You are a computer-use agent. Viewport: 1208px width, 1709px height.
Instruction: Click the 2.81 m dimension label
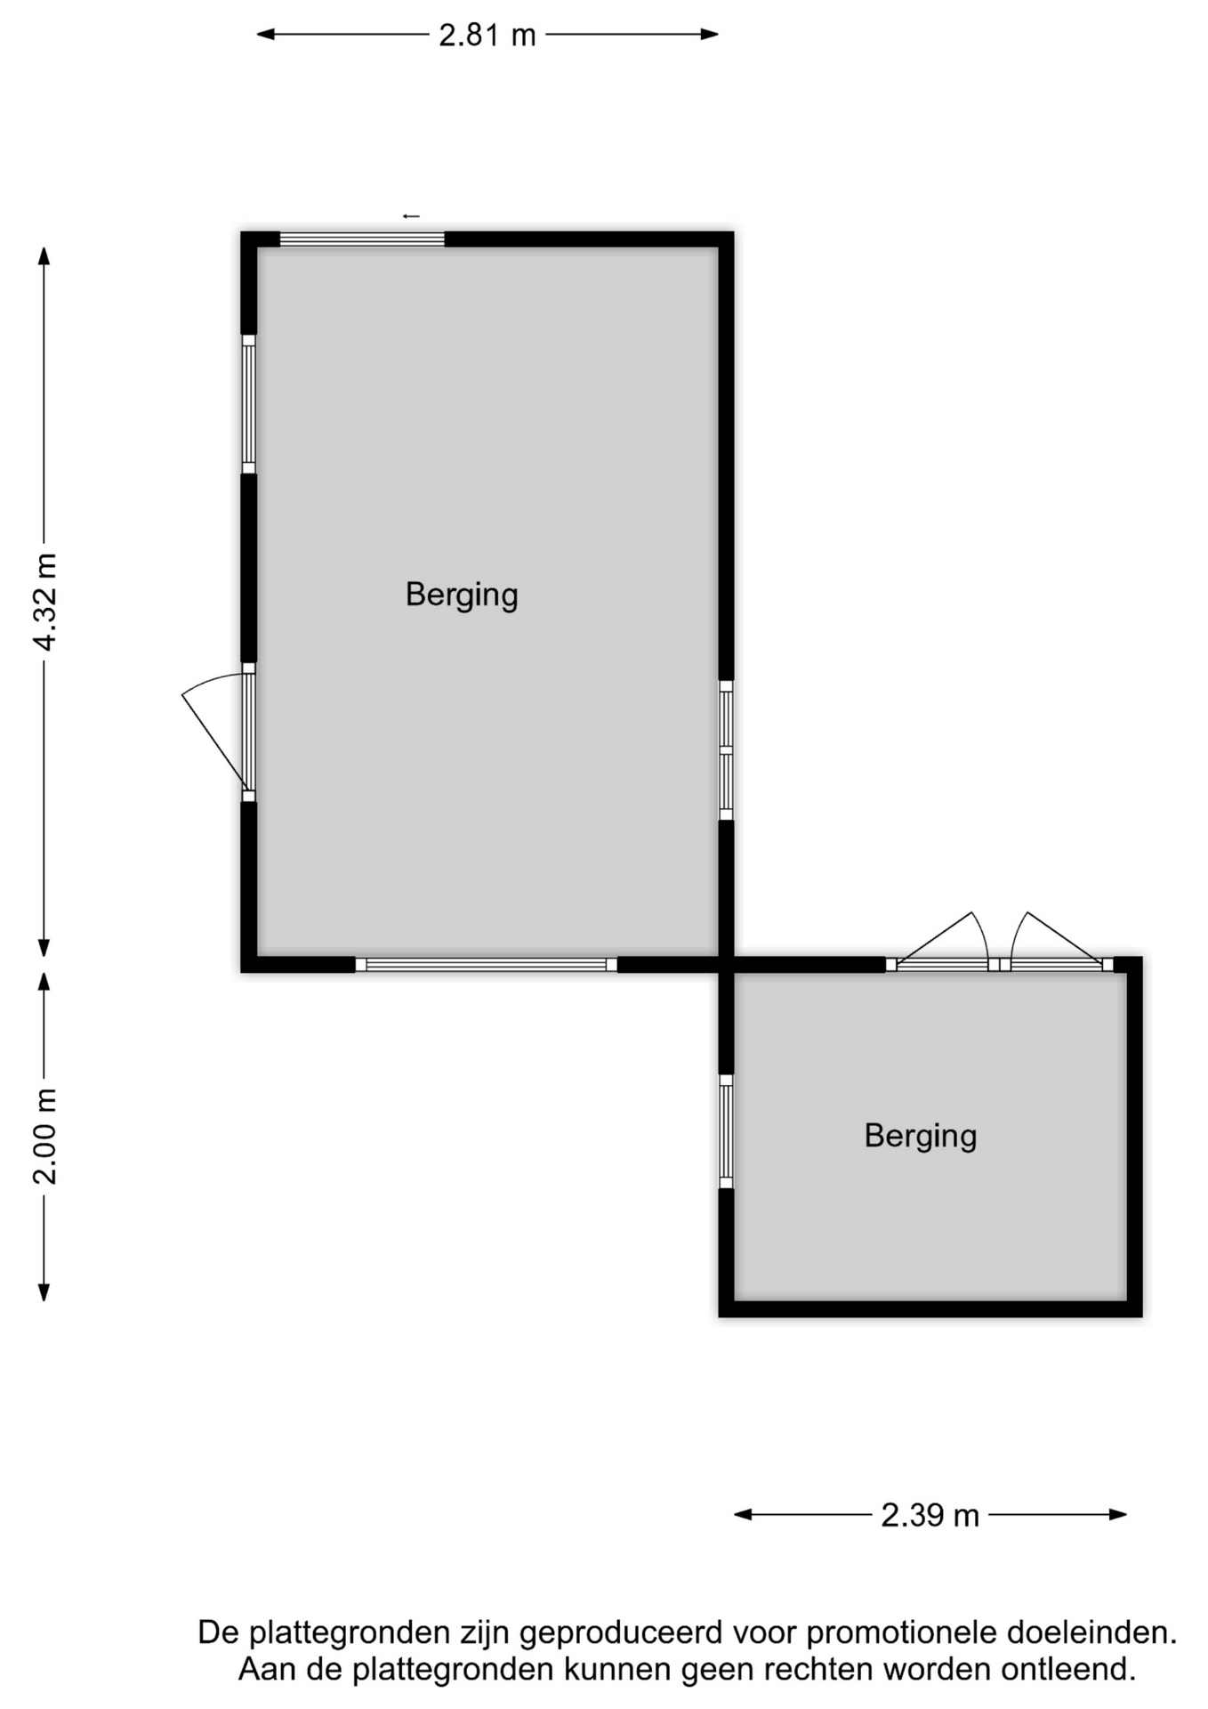pos(487,36)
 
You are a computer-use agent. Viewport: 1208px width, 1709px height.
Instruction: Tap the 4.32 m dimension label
pos(44,602)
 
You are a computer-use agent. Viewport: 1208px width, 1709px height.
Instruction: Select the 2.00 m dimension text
pos(44,1136)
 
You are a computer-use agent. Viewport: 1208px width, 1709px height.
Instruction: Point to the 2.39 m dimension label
pos(930,1515)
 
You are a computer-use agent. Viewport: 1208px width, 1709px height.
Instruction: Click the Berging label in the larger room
pos(462,595)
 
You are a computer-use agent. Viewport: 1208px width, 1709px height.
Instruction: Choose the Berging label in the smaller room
pos(921,1136)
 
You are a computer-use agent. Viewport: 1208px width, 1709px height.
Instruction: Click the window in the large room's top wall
pos(362,239)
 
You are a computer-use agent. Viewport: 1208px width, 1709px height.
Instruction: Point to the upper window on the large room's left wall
pos(249,404)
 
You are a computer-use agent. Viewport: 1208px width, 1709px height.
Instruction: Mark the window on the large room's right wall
pos(726,750)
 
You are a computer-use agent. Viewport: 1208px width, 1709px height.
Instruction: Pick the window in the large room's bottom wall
pos(486,965)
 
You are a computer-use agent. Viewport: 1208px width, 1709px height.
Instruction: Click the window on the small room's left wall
pos(726,1131)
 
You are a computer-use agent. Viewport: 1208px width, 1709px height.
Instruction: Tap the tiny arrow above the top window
pos(411,216)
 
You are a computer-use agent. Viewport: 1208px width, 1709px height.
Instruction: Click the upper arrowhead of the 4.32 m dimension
pos(44,256)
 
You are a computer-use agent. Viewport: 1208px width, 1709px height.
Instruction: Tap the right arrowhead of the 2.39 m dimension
pos(1117,1514)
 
